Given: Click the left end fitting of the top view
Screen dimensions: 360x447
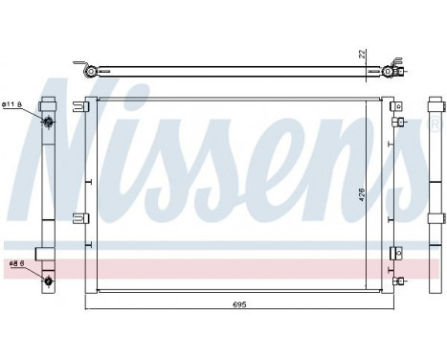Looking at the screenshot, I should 89,71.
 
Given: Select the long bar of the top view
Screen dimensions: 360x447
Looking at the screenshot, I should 238,71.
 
